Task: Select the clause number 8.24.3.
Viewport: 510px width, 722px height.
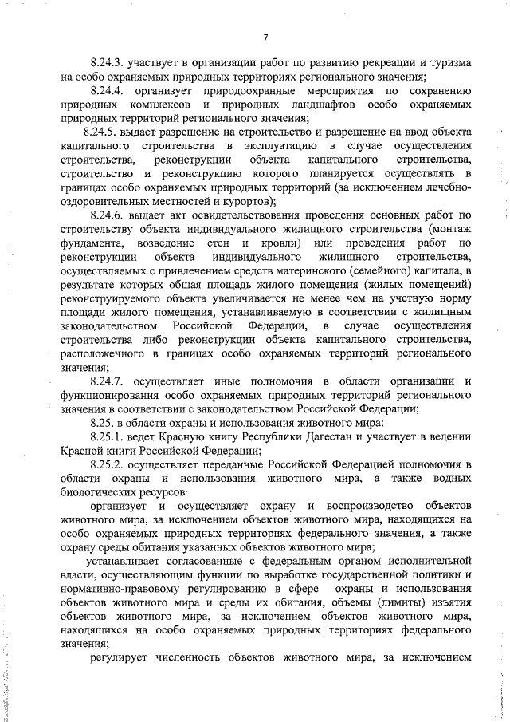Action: [108, 62]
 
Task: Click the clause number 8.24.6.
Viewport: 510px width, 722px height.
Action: [108, 215]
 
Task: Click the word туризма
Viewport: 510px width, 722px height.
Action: [448, 62]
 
